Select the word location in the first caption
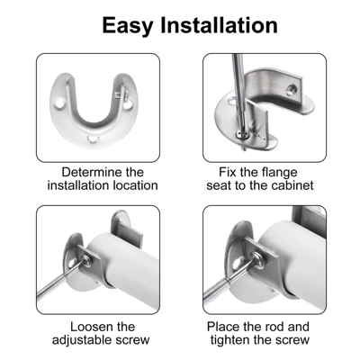coord(132,186)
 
